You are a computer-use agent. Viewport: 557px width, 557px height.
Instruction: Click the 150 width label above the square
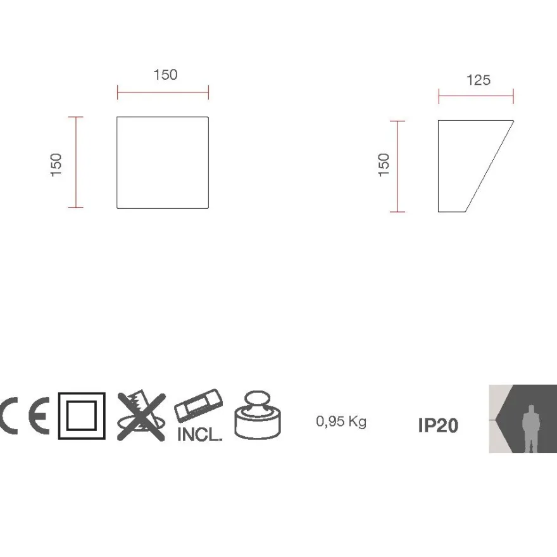tap(166, 75)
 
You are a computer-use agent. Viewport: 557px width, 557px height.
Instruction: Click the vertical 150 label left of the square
tap(56, 165)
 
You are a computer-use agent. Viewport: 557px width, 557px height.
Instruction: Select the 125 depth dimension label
tap(479, 80)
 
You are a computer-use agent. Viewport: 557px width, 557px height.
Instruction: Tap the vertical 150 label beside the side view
tap(384, 165)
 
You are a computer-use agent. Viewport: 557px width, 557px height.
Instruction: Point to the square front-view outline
tap(117, 162)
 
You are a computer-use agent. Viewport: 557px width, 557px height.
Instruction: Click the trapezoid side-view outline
tap(439, 166)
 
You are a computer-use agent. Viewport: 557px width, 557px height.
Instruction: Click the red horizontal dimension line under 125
tap(476, 96)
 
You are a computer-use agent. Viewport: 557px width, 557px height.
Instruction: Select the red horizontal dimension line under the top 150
tap(163, 92)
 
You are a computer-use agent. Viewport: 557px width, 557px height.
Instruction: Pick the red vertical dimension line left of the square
tap(76, 162)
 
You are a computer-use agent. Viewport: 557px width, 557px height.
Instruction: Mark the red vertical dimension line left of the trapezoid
tap(397, 166)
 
